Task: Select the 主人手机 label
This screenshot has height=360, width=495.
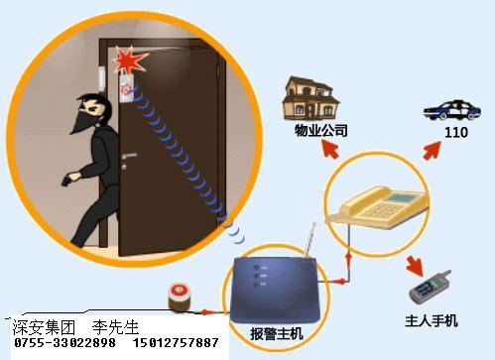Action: tap(433, 320)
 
